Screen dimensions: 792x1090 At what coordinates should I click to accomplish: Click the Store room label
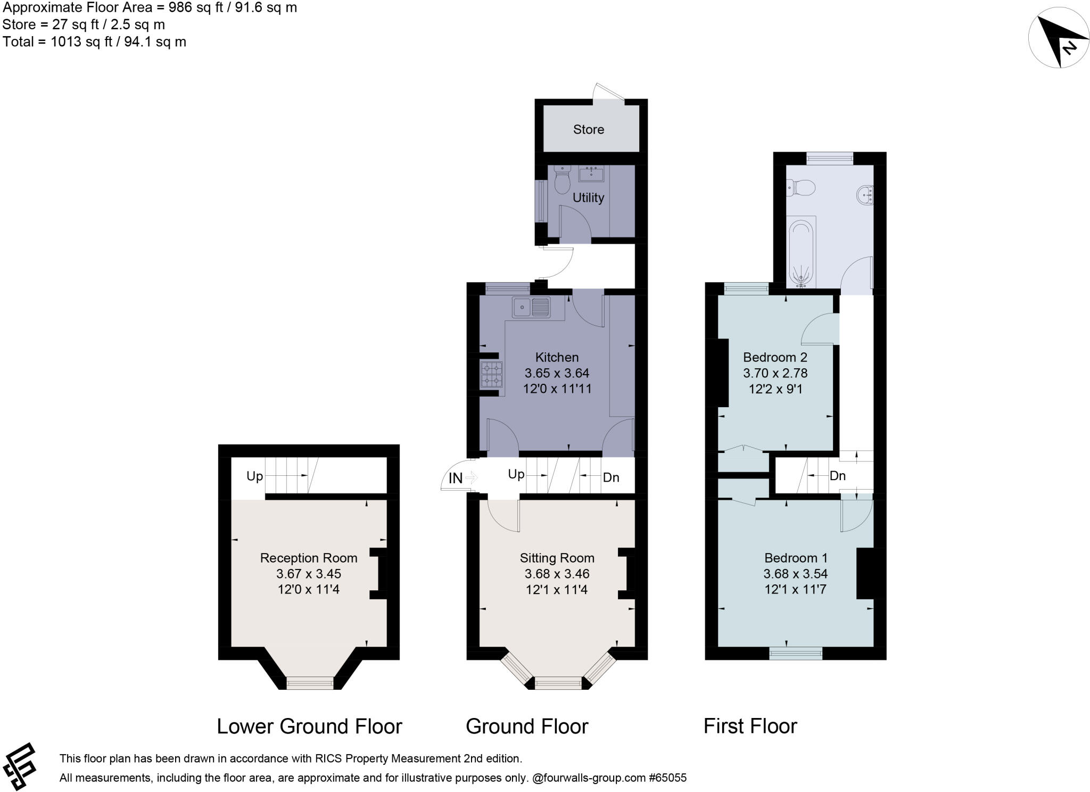pyautogui.click(x=588, y=129)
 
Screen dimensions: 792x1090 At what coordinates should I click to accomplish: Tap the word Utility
pyautogui.click(x=588, y=197)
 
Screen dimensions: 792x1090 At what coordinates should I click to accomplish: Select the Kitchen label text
pyautogui.click(x=557, y=357)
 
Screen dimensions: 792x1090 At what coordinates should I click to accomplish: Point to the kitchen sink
pyautogui.click(x=531, y=307)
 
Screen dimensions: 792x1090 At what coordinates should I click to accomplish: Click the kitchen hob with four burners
pyautogui.click(x=492, y=374)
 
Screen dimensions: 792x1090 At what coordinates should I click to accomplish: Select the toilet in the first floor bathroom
pyautogui.click(x=802, y=188)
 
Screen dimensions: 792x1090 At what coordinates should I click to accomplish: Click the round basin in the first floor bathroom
pyautogui.click(x=865, y=195)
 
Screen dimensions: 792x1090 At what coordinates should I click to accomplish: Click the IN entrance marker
pyautogui.click(x=456, y=478)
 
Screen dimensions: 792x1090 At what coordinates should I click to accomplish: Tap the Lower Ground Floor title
pyautogui.click(x=309, y=727)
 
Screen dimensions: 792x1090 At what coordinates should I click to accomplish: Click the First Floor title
pyautogui.click(x=750, y=727)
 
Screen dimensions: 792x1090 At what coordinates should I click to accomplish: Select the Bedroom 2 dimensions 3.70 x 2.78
pyautogui.click(x=775, y=373)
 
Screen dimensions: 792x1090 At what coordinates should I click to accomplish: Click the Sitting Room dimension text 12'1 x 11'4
pyautogui.click(x=557, y=589)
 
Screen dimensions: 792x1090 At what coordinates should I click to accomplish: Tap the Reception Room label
pyautogui.click(x=309, y=558)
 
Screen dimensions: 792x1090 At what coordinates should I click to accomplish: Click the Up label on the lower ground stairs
pyautogui.click(x=254, y=476)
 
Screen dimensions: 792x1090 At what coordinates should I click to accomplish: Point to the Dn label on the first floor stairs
pyautogui.click(x=837, y=476)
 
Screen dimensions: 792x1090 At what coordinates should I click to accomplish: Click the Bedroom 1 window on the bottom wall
pyautogui.click(x=796, y=653)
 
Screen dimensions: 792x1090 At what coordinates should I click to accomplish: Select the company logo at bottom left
pyautogui.click(x=20, y=766)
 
